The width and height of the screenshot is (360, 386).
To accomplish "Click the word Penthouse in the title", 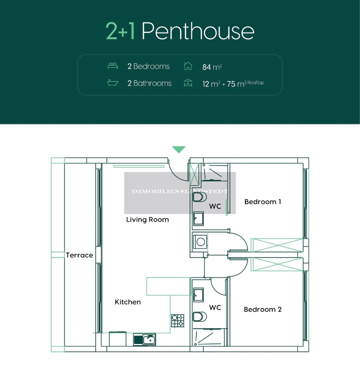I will click(198, 31).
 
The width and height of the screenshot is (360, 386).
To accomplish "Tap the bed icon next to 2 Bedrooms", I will click(112, 66).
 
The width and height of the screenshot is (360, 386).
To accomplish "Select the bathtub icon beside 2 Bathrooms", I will click(112, 83).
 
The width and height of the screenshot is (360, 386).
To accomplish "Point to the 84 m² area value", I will click(212, 67).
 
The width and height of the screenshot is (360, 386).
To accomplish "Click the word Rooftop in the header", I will click(255, 82).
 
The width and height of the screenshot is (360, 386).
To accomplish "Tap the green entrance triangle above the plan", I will click(179, 149).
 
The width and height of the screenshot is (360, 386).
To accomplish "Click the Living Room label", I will click(148, 220).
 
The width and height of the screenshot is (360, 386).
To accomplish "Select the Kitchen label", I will click(128, 302).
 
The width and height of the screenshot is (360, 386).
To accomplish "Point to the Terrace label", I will click(79, 255).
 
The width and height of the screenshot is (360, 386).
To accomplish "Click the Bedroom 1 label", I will click(263, 202).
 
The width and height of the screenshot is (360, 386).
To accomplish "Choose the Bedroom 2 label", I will click(263, 309).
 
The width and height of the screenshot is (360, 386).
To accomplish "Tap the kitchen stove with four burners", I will click(178, 320).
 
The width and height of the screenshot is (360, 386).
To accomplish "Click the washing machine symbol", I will click(200, 241).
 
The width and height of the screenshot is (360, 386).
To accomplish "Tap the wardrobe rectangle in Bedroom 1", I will click(277, 245).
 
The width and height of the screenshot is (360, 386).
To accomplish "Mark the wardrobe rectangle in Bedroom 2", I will click(277, 265).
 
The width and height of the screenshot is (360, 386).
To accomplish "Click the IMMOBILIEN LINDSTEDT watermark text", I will click(180, 192).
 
